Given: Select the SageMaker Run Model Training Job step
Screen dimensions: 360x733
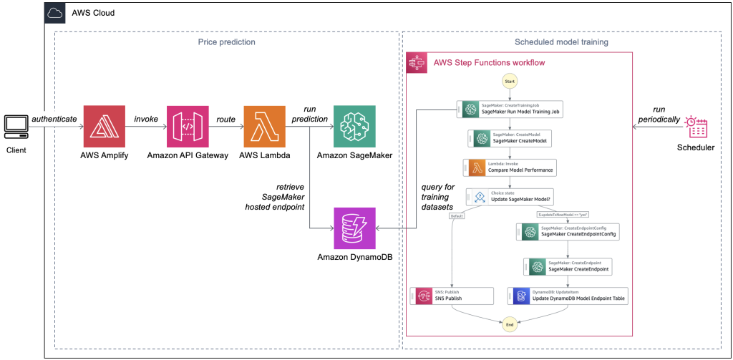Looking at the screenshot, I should [x=509, y=109].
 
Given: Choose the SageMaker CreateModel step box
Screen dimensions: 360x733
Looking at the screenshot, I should [x=509, y=138].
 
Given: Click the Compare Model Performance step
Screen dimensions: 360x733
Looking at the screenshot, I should [x=509, y=167].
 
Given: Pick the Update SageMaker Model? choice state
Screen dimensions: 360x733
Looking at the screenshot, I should [x=509, y=196].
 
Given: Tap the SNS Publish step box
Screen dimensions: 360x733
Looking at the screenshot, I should [x=452, y=296].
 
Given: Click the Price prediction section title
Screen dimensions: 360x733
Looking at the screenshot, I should [x=226, y=42].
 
